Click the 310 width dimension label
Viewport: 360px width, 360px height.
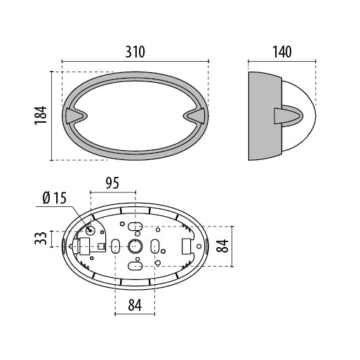[x=135, y=52]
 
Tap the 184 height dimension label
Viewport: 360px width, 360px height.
[x=41, y=116]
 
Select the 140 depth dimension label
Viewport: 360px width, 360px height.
[x=282, y=52]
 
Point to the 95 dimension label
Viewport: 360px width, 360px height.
[x=112, y=183]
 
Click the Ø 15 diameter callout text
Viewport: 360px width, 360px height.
[x=55, y=198]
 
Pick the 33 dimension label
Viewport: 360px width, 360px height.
[x=41, y=239]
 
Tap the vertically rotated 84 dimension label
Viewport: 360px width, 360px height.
[x=222, y=246]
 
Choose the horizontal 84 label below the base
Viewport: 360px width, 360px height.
[x=135, y=305]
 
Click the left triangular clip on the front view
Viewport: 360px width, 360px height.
[x=74, y=116]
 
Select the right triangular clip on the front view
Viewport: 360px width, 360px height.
[x=196, y=116]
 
